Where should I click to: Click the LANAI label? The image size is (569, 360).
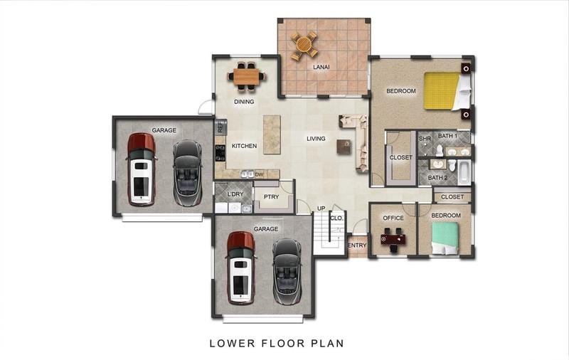click(x=321, y=67)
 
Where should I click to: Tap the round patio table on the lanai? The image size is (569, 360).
click(x=304, y=45)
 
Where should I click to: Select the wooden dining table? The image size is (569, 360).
click(x=246, y=77)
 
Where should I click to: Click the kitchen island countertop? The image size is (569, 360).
click(x=272, y=134)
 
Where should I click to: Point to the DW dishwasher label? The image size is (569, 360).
click(x=259, y=174)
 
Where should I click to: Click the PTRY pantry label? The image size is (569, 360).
click(x=271, y=196)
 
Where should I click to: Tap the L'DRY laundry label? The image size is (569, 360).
click(x=235, y=194)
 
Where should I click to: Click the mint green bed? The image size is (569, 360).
click(x=445, y=238)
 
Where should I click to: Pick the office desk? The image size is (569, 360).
click(x=393, y=239)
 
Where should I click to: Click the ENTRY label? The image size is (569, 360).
click(x=357, y=245)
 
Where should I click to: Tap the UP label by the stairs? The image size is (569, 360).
click(x=321, y=208)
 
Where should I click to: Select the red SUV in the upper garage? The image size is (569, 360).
click(x=141, y=169)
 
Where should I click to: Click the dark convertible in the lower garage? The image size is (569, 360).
click(x=287, y=271)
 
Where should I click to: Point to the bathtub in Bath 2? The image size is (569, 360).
click(x=464, y=172)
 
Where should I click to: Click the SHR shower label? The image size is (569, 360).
click(x=425, y=139)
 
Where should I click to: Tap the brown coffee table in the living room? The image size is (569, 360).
click(x=344, y=147)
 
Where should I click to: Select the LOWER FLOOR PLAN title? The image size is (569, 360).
click(x=277, y=344)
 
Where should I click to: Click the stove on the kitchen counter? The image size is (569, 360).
click(x=220, y=153)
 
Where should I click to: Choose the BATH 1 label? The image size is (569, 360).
click(x=447, y=136)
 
